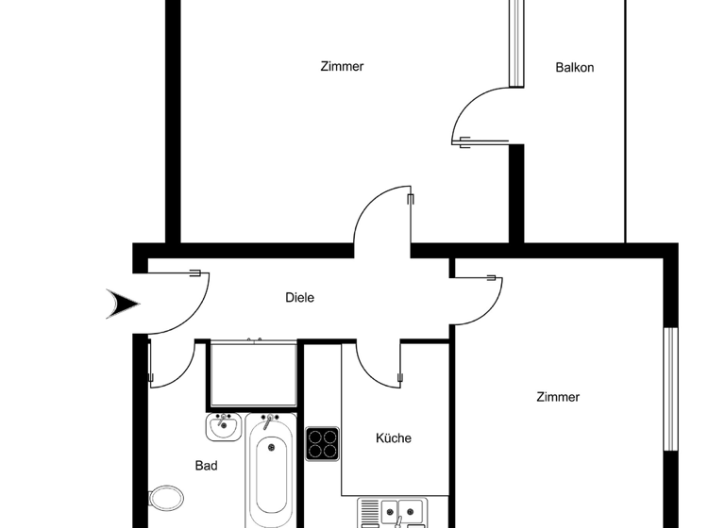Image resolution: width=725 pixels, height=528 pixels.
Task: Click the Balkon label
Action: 574,68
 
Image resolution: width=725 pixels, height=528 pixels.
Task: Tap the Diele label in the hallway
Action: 299,298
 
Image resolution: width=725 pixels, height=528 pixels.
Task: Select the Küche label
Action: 394,438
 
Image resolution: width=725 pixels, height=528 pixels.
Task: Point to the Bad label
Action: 206,466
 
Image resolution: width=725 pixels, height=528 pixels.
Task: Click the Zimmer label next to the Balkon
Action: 342,67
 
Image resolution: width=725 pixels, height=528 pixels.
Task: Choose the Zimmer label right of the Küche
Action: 557,398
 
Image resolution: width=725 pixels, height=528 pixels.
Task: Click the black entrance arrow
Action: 123,304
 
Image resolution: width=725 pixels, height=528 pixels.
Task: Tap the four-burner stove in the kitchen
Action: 322,443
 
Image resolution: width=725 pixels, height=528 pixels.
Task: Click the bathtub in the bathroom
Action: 270,471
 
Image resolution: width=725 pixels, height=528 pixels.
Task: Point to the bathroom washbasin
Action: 223,427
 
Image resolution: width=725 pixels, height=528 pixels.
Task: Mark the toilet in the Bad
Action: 166,497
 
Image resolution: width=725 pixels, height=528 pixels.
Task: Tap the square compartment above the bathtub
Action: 252,374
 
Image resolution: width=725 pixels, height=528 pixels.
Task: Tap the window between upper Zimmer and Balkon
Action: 515,42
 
